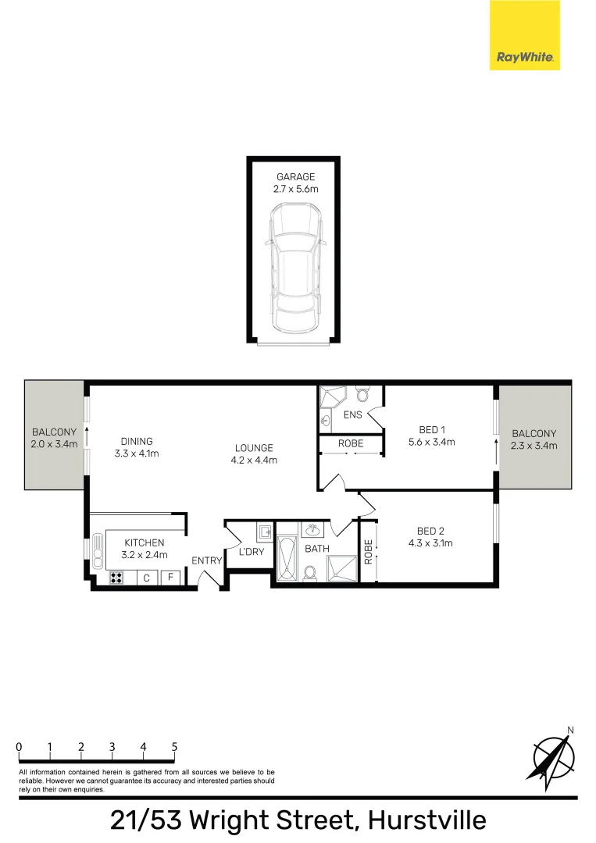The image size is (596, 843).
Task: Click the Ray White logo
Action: coord(524,35)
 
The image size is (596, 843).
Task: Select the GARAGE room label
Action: coord(295,177)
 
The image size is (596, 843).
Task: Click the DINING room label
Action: coord(137,441)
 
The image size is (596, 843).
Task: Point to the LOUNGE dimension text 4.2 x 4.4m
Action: coord(254,461)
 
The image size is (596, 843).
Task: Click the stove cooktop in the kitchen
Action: coord(116,578)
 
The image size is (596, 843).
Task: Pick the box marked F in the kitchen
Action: coord(170,578)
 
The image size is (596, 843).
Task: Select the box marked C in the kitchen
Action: coord(146,578)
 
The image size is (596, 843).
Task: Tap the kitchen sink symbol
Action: coord(98,550)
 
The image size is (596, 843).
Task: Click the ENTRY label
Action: coord(206,560)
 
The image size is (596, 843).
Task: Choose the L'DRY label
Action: coord(252,552)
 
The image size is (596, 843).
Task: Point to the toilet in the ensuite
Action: coord(362,394)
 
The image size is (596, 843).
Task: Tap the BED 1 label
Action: coord(432,429)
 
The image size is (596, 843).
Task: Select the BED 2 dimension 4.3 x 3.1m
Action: coord(430,543)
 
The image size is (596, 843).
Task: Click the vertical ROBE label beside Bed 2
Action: coord(369,552)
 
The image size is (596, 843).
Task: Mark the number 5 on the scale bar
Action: coord(174,747)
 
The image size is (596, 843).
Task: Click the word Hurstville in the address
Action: coord(427,820)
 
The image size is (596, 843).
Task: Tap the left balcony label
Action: coord(55,438)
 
